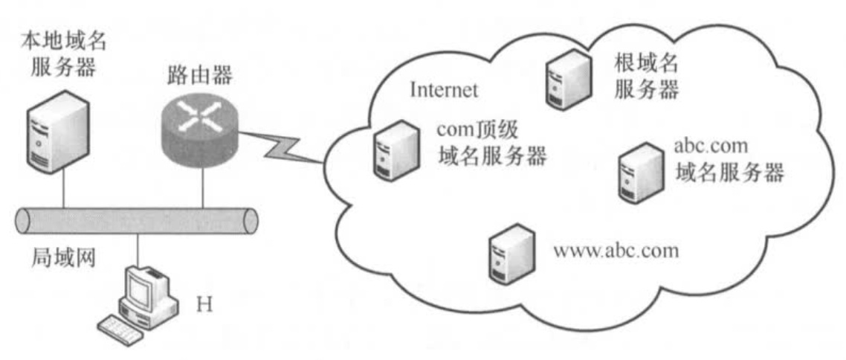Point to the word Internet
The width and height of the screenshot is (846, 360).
pyautogui.click(x=444, y=91)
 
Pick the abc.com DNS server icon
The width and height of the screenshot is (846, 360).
pyautogui.click(x=637, y=171)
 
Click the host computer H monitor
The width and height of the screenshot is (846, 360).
pyautogui.click(x=144, y=286)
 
